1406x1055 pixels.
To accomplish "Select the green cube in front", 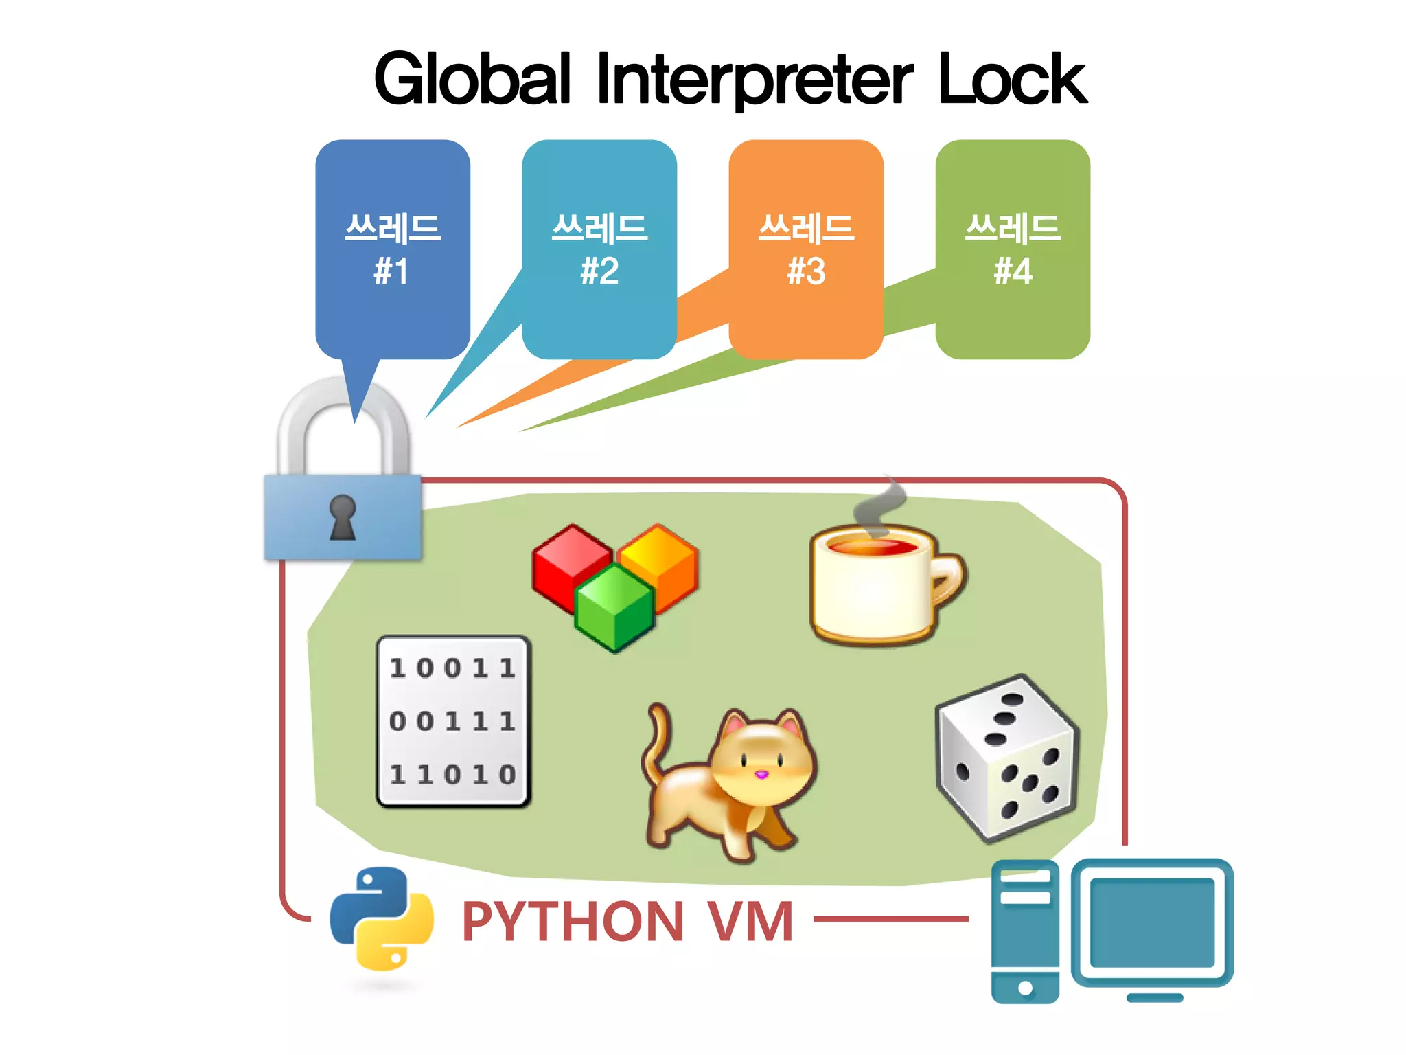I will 614,608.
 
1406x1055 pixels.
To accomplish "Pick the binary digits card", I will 453,721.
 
